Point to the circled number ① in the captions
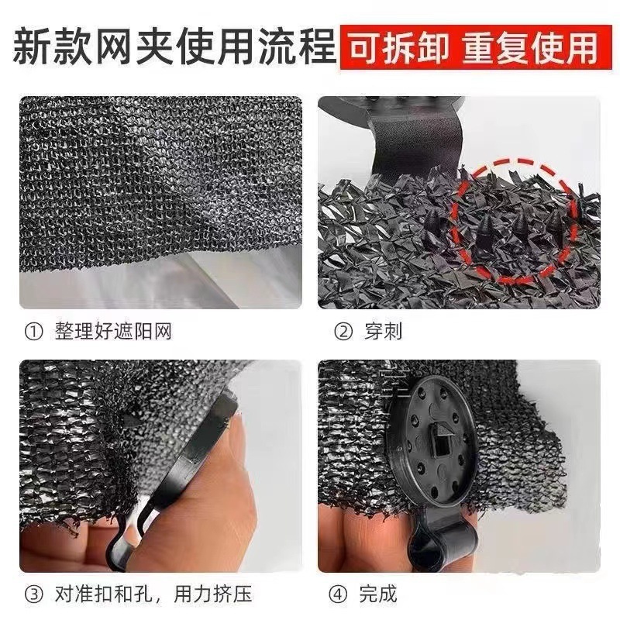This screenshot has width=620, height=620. pyautogui.click(x=33, y=332)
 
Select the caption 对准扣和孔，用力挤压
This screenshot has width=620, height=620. pyautogui.click(x=153, y=595)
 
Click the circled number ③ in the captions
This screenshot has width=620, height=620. pyautogui.click(x=33, y=595)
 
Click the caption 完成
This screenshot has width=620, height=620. pyautogui.click(x=378, y=595)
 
